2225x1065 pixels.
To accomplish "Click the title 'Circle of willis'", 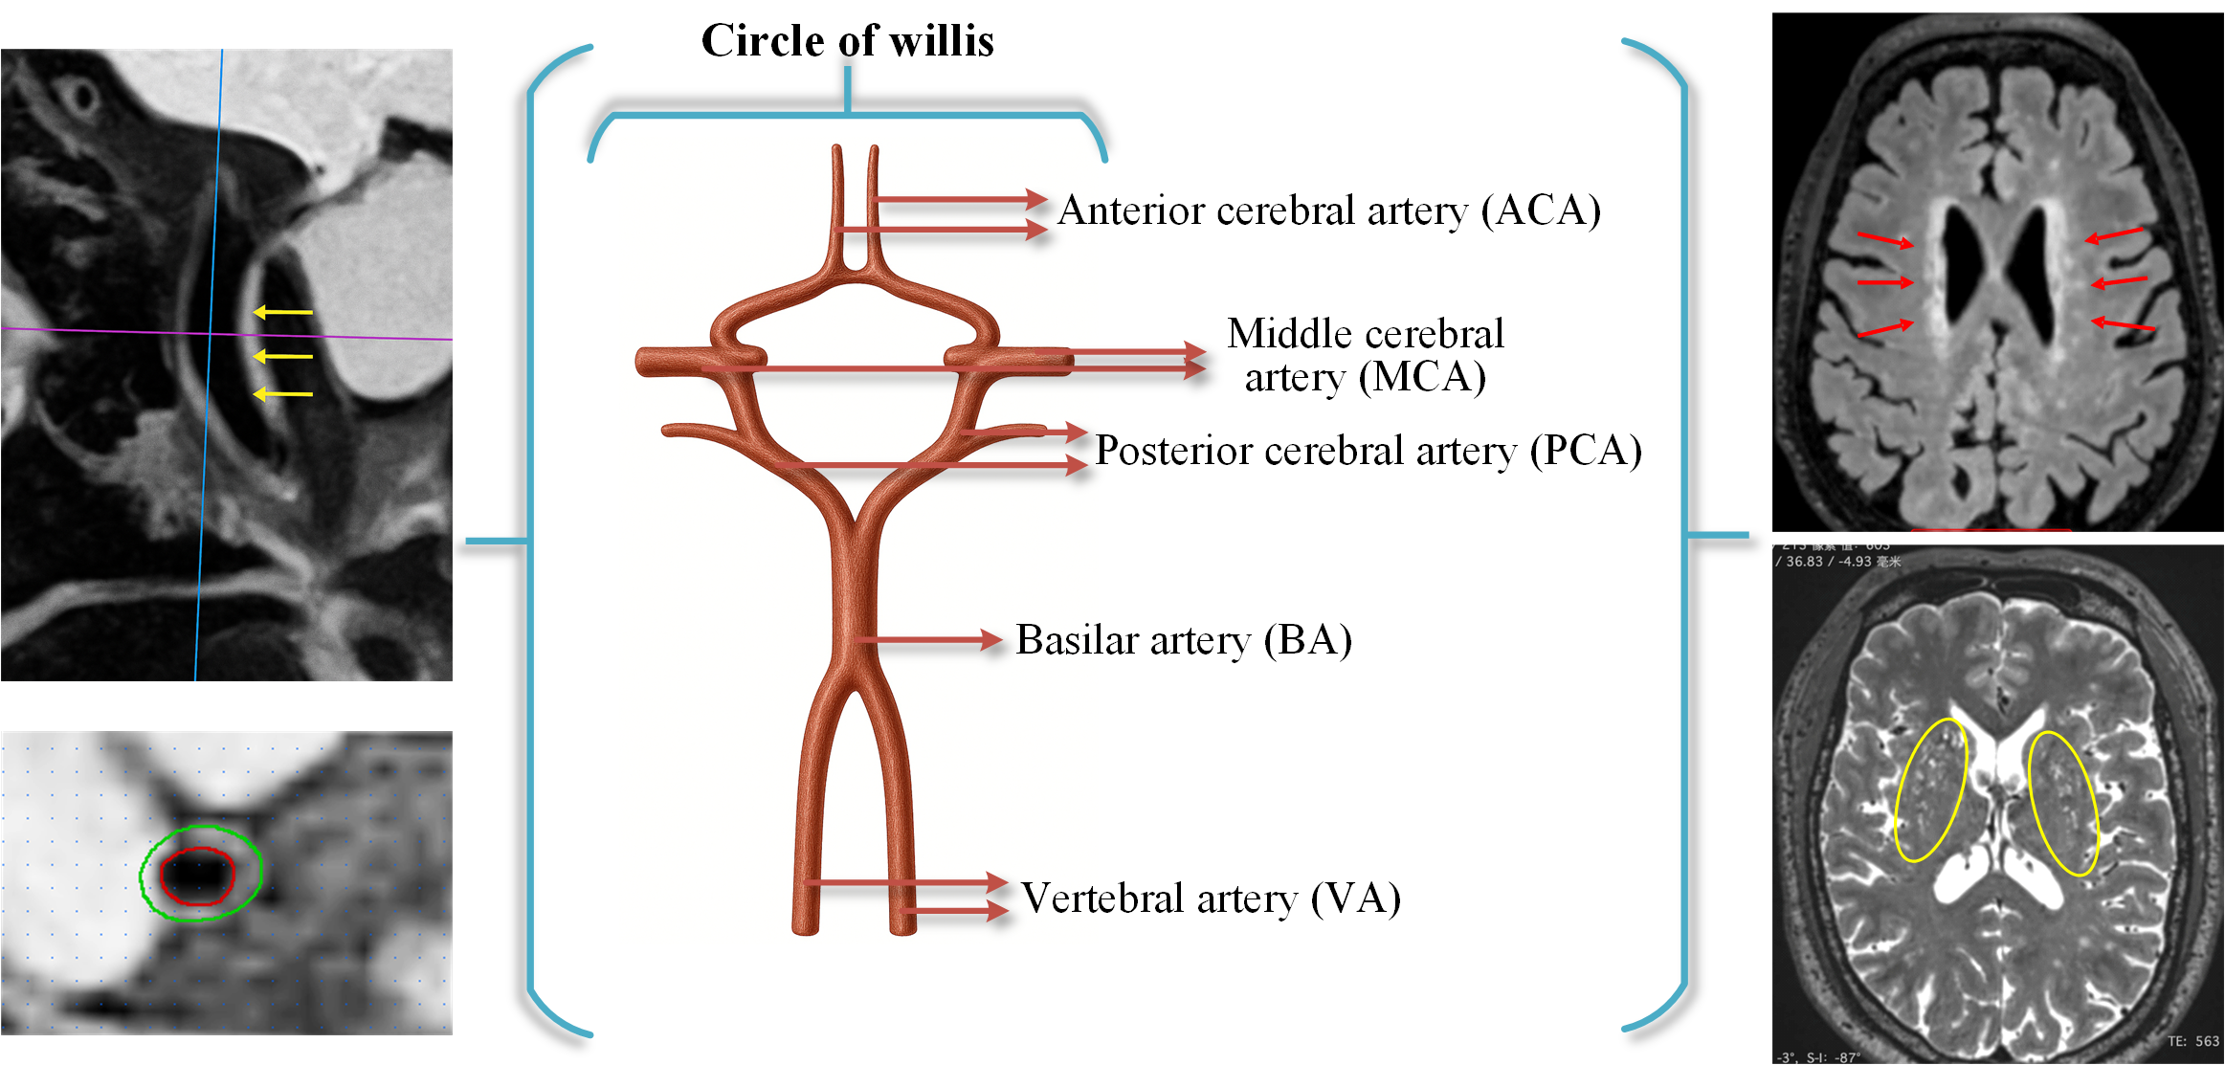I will coord(847,41).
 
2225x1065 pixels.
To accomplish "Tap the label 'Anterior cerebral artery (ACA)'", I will coord(1328,211).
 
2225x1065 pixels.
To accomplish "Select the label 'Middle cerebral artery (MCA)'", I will coord(1365,355).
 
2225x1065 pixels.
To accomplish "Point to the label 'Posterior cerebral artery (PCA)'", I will coord(1368,451).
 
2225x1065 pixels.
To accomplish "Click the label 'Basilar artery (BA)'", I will coord(1183,640).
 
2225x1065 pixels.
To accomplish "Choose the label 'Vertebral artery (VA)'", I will coord(1210,899).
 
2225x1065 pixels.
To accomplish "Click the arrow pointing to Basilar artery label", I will coord(928,639).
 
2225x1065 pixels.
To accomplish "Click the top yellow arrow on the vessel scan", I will coord(282,312).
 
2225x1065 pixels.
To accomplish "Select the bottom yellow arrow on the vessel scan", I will coord(282,393).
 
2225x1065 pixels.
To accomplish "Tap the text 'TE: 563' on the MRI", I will coord(2192,1041).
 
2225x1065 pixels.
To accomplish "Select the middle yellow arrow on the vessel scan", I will coord(282,356).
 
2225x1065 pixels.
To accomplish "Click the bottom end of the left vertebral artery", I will coord(805,927).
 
